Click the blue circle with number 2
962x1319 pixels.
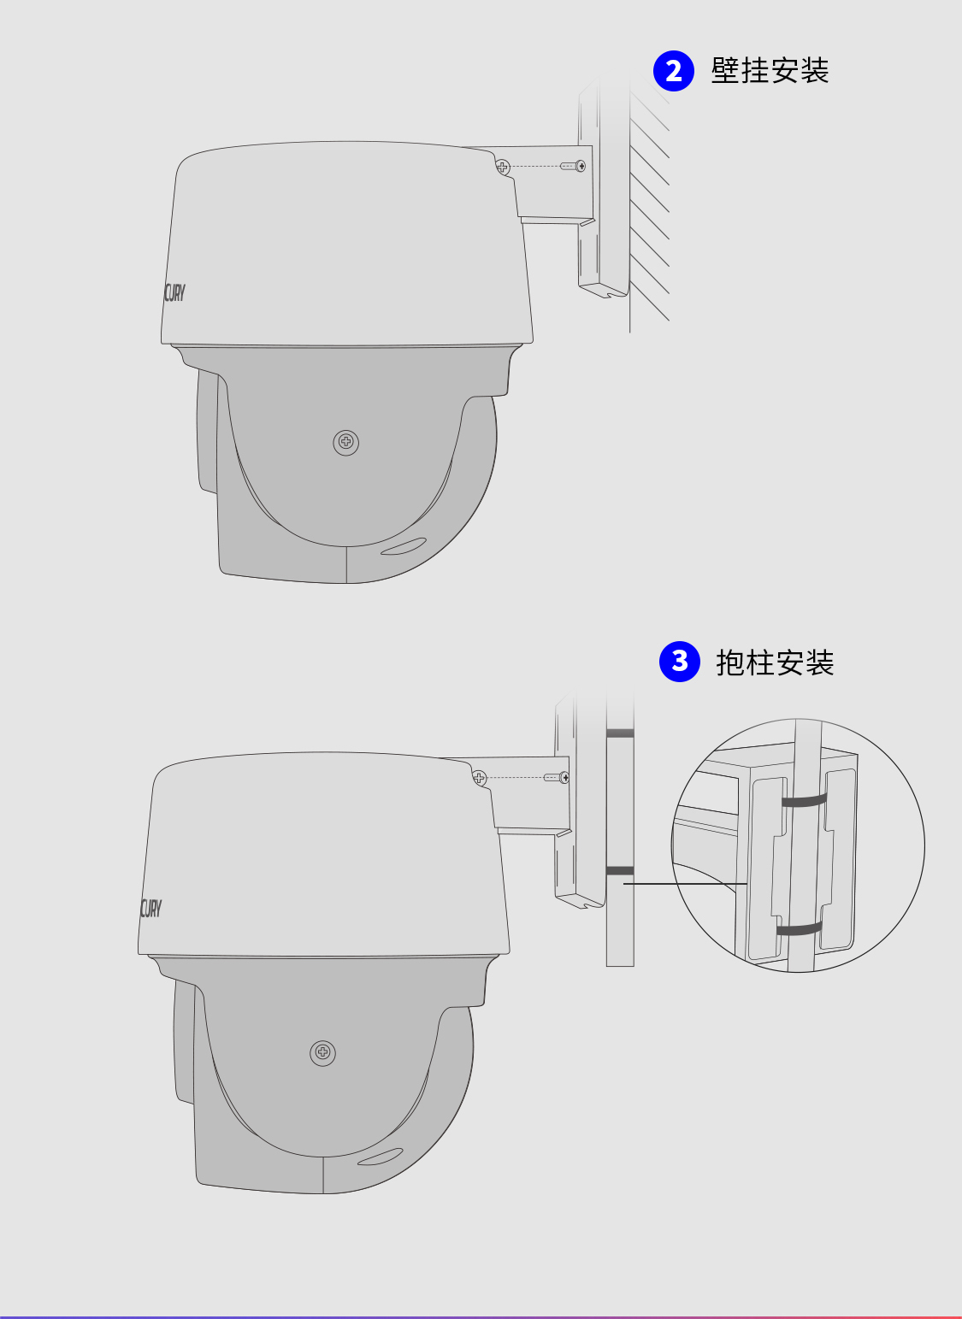674,71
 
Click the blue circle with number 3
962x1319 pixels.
680,662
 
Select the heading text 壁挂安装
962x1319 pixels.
770,71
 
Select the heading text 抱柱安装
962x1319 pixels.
775,662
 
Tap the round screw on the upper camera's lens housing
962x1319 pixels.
345,442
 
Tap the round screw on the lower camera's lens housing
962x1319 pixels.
322,1052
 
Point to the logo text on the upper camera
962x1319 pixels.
174,293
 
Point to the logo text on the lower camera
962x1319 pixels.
150,908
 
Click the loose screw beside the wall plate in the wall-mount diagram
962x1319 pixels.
574,166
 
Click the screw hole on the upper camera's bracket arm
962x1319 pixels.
503,167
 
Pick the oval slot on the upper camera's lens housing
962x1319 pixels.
403,545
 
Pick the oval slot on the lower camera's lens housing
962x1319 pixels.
380,1157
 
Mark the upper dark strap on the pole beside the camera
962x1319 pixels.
620,733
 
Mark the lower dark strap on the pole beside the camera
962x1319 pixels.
620,870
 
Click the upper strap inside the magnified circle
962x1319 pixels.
804,801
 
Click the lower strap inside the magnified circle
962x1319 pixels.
799,928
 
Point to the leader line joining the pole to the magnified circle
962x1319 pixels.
684,883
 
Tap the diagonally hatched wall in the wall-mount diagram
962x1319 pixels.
650,205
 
